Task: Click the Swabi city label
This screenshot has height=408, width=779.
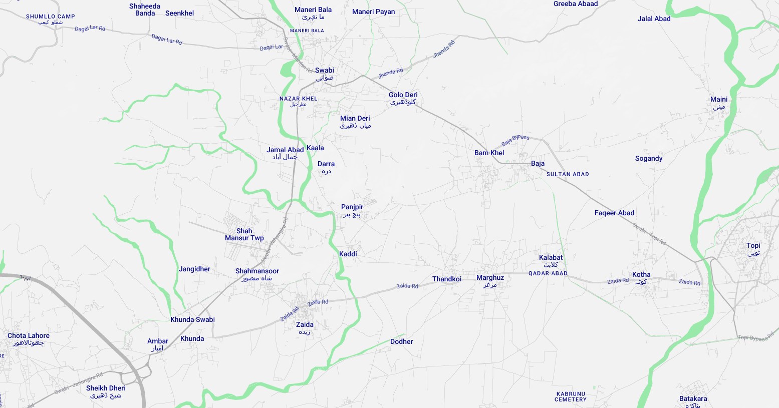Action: click(325, 74)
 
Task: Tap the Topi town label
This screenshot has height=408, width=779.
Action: click(753, 249)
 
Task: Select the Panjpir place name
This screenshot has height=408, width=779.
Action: click(352, 210)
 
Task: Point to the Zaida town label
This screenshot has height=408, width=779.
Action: click(305, 328)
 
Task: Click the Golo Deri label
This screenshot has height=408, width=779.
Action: click(403, 98)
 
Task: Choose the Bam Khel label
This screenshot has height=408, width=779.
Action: click(489, 153)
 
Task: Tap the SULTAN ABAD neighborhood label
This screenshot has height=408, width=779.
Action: click(568, 174)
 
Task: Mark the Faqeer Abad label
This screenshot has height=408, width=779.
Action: click(614, 213)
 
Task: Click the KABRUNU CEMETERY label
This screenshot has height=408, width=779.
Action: click(571, 396)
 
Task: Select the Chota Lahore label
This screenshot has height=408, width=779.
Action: click(29, 339)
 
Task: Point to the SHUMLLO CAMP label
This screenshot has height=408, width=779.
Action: click(51, 19)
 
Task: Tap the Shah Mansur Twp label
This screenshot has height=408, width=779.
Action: click(244, 234)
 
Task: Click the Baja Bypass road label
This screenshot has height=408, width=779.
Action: click(515, 140)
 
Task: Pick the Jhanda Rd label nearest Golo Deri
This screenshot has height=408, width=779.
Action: click(390, 73)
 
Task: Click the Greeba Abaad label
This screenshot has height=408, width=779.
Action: click(576, 4)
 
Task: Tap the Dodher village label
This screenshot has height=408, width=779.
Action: click(401, 341)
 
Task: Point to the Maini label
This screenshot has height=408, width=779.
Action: click(718, 103)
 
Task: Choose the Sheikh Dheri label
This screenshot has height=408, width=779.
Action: click(106, 391)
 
